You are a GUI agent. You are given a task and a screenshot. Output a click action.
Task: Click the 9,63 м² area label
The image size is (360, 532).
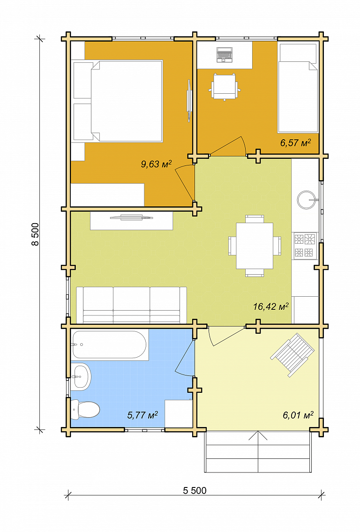point(156,164)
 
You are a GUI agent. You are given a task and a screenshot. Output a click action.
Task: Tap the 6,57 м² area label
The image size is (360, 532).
point(295,142)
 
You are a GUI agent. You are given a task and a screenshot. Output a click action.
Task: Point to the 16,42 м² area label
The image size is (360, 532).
point(271,307)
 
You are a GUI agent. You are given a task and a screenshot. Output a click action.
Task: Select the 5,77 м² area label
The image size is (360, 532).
point(142,415)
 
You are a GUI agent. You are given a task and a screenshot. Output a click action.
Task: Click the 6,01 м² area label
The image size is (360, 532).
point(298,415)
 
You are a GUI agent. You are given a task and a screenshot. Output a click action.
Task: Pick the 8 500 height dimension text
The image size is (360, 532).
point(35,234)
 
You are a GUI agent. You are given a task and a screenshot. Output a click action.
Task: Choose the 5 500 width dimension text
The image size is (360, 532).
point(195,491)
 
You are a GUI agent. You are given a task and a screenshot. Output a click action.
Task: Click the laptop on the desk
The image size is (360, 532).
point(225,55)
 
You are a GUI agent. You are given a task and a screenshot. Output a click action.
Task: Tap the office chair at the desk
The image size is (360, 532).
point(224,87)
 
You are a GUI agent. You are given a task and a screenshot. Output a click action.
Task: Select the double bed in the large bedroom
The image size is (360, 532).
point(127,101)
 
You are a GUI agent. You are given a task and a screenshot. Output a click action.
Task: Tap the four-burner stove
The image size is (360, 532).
point(304,246)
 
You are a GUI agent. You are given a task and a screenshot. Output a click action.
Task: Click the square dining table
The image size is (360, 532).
point(255,246)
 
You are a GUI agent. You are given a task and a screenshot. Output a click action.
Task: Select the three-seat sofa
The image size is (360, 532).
point(131,305)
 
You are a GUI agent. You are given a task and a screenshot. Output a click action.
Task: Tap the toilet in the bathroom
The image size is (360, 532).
point(85,410)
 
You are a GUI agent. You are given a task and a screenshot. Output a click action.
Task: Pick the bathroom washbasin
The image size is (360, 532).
point(81,376)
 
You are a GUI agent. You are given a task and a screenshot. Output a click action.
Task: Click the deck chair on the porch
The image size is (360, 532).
point(292,355)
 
